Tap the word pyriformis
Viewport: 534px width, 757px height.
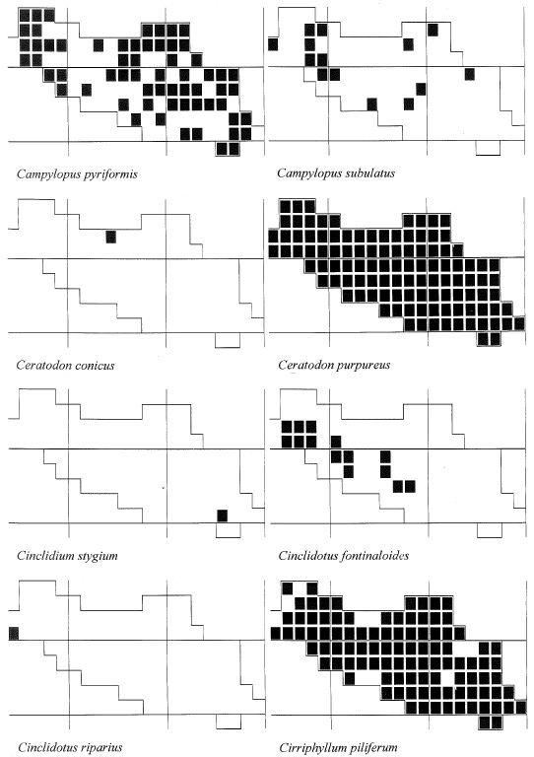tap(110, 174)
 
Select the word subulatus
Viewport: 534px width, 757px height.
tap(369, 173)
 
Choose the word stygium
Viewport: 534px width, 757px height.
tap(97, 556)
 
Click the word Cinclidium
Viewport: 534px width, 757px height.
tap(45, 556)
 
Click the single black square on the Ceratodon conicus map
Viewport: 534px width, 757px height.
tap(111, 237)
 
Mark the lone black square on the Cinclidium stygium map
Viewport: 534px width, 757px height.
tap(222, 516)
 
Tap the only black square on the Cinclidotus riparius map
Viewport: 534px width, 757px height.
tap(14, 634)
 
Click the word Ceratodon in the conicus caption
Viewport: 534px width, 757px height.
tap(42, 365)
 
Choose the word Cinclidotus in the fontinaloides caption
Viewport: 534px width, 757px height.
tap(308, 556)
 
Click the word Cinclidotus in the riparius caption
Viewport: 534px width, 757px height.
tap(46, 747)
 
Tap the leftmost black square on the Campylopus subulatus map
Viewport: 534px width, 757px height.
tap(273, 44)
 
